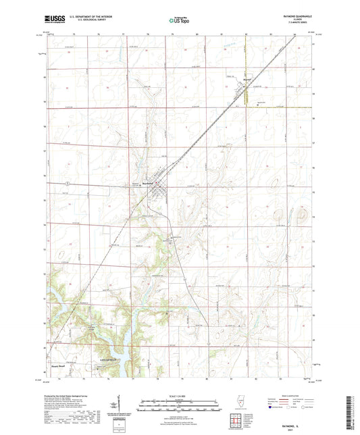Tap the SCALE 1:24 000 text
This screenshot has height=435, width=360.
(x=179, y=395)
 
